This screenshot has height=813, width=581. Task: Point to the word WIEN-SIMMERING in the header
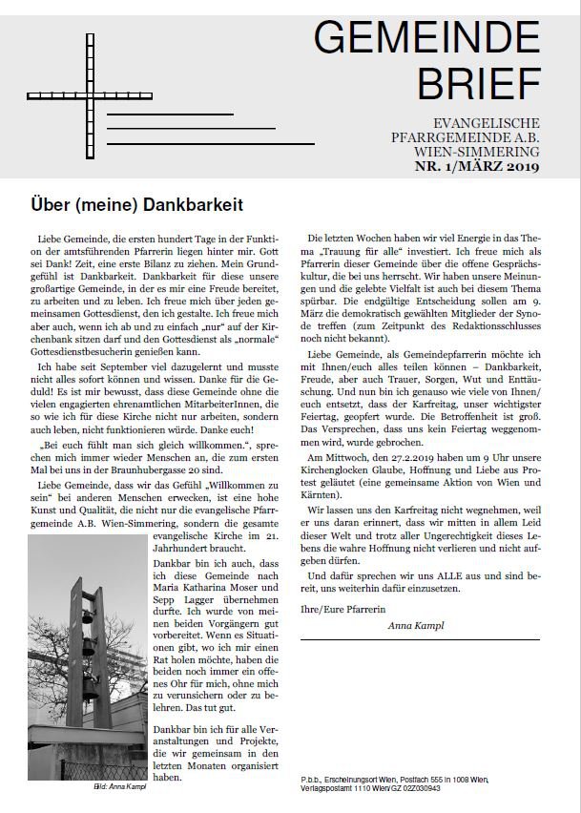click(x=486, y=152)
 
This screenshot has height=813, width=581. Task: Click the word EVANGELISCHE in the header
click(x=487, y=123)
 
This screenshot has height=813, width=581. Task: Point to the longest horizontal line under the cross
click(x=211, y=143)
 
